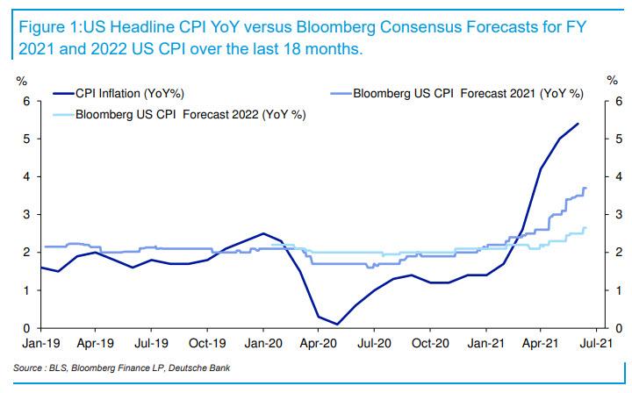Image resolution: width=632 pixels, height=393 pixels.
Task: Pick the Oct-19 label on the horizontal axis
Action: point(209,345)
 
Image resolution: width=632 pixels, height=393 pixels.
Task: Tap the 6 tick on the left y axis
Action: point(27,102)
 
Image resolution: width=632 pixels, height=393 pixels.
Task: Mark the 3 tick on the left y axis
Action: point(27,215)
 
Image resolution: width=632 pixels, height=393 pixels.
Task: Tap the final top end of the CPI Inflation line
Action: point(578,124)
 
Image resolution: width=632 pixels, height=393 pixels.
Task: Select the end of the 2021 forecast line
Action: point(585,189)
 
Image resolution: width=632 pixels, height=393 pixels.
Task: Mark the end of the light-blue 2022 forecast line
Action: point(585,229)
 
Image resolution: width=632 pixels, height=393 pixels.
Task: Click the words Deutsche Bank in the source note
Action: point(203,367)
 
